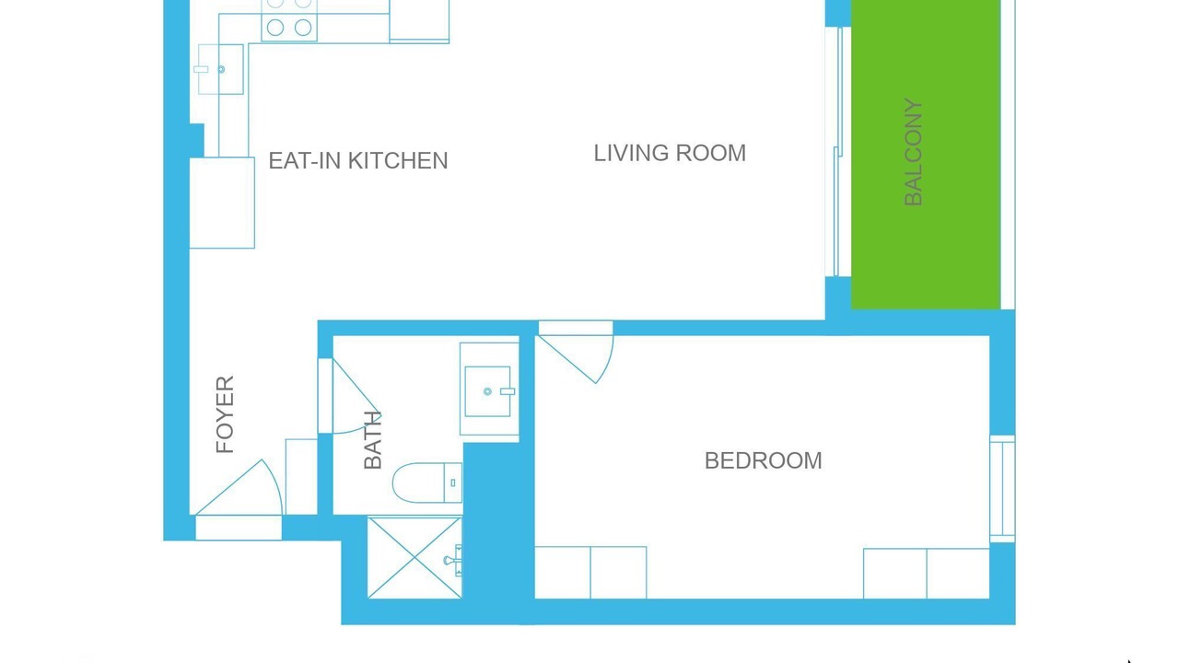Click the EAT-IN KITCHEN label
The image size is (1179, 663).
click(358, 160)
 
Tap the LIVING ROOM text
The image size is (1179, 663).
click(670, 153)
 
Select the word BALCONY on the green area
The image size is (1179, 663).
click(913, 152)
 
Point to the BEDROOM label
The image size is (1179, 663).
click(764, 461)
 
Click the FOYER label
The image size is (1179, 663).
click(225, 414)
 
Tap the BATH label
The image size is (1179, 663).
click(373, 440)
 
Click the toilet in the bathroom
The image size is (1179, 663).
click(427, 483)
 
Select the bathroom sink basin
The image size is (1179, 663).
click(488, 391)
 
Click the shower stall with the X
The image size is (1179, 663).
click(414, 558)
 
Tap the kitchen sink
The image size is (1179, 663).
click(220, 69)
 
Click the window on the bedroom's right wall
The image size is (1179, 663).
click(1003, 489)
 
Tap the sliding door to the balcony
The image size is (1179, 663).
click(838, 152)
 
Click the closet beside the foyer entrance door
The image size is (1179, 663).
click(301, 477)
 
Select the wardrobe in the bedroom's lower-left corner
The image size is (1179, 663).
click(590, 573)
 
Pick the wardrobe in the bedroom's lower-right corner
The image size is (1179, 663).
click(927, 574)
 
